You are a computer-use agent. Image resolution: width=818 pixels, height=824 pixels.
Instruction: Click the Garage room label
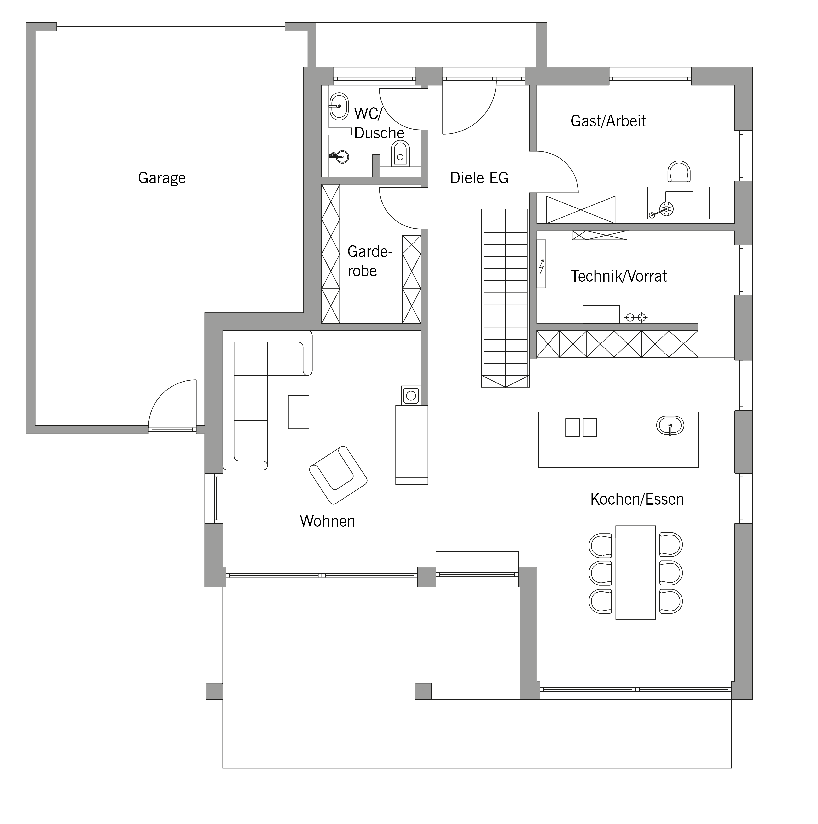coord(162,178)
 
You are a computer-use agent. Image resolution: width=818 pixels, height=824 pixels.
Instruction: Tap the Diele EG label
coord(479,178)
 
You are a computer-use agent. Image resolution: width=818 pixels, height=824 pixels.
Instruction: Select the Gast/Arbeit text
coord(608,121)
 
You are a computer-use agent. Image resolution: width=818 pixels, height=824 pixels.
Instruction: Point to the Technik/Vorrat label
coord(618,276)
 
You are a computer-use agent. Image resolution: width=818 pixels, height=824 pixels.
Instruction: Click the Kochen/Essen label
coord(637,499)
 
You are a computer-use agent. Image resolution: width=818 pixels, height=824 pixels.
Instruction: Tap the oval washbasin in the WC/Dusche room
coord(339,106)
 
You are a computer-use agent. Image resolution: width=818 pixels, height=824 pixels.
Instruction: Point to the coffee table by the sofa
coord(299,412)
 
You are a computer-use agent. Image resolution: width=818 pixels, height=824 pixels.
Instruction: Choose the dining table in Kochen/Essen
coord(635,572)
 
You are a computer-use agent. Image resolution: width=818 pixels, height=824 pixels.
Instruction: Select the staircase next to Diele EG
coord(505,298)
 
